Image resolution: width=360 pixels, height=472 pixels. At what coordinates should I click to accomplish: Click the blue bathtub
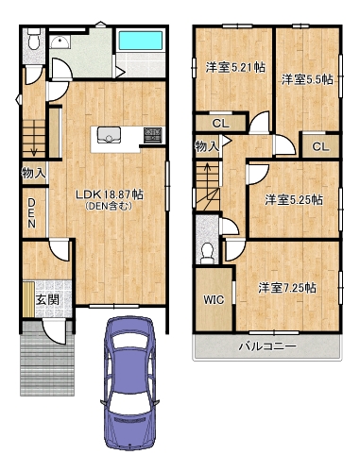(141, 40)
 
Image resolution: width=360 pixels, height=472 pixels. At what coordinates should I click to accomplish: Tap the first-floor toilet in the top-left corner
(33, 39)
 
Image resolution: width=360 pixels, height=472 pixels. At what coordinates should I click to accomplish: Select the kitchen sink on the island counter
(109, 135)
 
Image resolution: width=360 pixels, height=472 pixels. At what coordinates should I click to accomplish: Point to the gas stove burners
(153, 135)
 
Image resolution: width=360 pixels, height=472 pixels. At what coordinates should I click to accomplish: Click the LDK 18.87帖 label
(110, 194)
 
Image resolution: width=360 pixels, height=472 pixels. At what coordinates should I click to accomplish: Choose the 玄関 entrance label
(47, 299)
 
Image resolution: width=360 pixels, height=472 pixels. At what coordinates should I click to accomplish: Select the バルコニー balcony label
(267, 346)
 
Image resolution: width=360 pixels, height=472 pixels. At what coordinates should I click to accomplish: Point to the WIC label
(214, 299)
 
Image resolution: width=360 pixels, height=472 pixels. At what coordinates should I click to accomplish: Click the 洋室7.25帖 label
(287, 288)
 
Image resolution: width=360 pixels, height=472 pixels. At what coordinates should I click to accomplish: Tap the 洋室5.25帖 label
(294, 200)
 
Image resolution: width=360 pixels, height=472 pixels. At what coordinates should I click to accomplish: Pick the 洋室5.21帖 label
(235, 68)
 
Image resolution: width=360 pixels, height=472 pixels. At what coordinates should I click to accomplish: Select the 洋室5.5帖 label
(307, 79)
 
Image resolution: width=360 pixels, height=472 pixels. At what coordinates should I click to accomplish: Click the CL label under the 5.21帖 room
(221, 124)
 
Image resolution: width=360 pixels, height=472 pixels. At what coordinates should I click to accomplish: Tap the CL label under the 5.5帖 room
(320, 146)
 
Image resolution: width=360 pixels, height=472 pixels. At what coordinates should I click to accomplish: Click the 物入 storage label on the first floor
(34, 173)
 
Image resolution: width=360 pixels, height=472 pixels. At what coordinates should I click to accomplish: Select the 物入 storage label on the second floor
(207, 146)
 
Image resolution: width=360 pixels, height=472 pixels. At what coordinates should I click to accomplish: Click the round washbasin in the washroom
(60, 42)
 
